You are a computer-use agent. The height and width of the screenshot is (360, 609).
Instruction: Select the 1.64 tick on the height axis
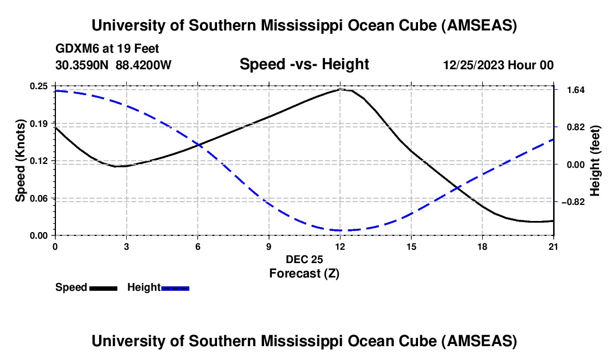click(572, 90)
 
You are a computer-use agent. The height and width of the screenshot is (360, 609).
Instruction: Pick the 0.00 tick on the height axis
click(572, 164)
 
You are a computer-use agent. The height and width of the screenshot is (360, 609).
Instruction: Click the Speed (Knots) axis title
click(20, 161)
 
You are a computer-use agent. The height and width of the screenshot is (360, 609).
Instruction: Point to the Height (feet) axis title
click(596, 161)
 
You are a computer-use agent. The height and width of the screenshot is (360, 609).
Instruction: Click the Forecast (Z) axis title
click(304, 273)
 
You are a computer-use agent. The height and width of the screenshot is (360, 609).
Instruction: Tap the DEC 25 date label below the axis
click(304, 259)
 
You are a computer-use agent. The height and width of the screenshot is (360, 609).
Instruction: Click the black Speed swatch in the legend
click(103, 287)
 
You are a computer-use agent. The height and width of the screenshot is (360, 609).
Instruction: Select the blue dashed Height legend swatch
click(175, 287)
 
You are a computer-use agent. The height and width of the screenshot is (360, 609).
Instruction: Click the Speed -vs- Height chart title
click(304, 64)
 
